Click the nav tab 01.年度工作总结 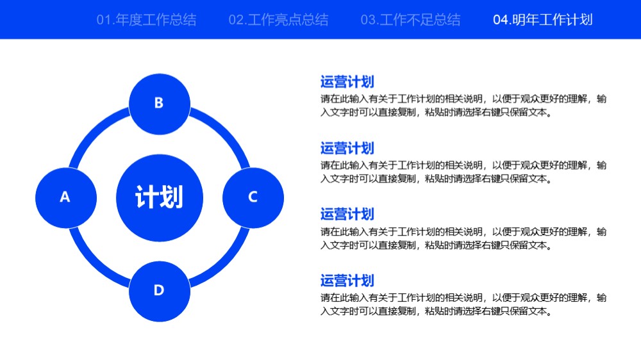click(x=146, y=20)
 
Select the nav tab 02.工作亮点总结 click(x=278, y=20)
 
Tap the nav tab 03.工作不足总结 click(x=410, y=20)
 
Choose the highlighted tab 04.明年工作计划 click(x=543, y=20)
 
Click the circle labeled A click(x=66, y=198)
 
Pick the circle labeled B click(x=160, y=104)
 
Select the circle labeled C click(x=253, y=198)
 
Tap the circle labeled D click(x=160, y=291)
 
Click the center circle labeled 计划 click(x=160, y=198)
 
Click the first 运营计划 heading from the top click(x=347, y=82)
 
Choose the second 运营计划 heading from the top click(x=347, y=148)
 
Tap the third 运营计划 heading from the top click(x=347, y=214)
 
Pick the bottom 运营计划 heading click(x=347, y=281)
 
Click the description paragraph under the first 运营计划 click(x=463, y=106)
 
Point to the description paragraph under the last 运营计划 click(x=463, y=304)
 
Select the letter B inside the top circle click(x=159, y=103)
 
